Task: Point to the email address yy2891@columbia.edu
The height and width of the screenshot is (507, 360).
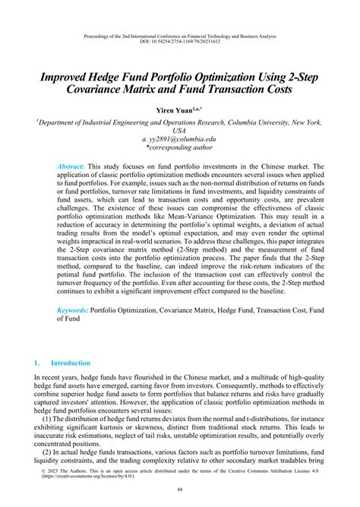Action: click(180, 141)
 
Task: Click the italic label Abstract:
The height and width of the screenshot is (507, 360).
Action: click(72, 165)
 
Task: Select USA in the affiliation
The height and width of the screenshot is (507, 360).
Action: click(180, 131)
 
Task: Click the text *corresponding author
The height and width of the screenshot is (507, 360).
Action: click(180, 150)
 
